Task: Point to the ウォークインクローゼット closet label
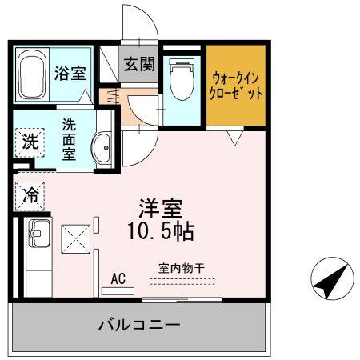236,86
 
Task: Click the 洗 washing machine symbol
30,144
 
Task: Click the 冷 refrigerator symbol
30,193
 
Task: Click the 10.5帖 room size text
160,233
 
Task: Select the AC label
118,278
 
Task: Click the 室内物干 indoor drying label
182,270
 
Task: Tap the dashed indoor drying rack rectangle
182,281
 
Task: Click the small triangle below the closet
233,138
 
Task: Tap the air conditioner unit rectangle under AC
118,290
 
